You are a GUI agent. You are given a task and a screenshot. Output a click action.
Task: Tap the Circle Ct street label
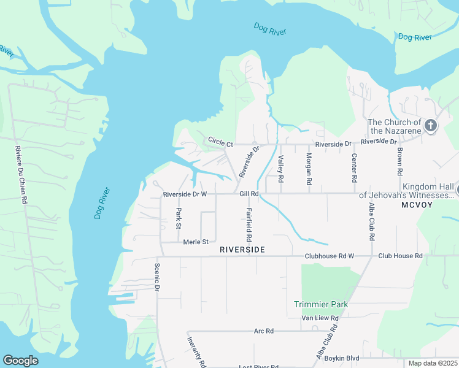pyautogui.click(x=220, y=141)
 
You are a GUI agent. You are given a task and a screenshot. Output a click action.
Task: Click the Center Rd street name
pyautogui.click(x=354, y=168)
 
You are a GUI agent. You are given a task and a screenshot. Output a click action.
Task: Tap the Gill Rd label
pyautogui.click(x=249, y=194)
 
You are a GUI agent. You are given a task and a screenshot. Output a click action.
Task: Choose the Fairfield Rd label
pyautogui.click(x=249, y=224)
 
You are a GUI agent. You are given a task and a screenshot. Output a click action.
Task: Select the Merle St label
pyautogui.click(x=196, y=242)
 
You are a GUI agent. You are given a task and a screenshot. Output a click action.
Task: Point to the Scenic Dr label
pyautogui.click(x=157, y=278)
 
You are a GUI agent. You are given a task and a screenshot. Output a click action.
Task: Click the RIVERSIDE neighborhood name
pyautogui.click(x=242, y=250)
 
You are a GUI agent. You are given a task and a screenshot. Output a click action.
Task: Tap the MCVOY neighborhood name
pyautogui.click(x=417, y=205)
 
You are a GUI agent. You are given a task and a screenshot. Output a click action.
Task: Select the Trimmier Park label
pyautogui.click(x=321, y=304)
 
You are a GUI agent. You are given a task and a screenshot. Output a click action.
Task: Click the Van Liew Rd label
pyautogui.click(x=320, y=318)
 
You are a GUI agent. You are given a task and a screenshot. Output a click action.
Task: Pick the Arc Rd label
pyautogui.click(x=263, y=331)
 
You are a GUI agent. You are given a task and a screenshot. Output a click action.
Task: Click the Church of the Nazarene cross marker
pyautogui.click(x=431, y=126)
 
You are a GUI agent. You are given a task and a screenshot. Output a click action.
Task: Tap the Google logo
pyautogui.click(x=21, y=361)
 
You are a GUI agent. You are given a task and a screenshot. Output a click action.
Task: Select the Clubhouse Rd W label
pyautogui.click(x=330, y=256)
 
